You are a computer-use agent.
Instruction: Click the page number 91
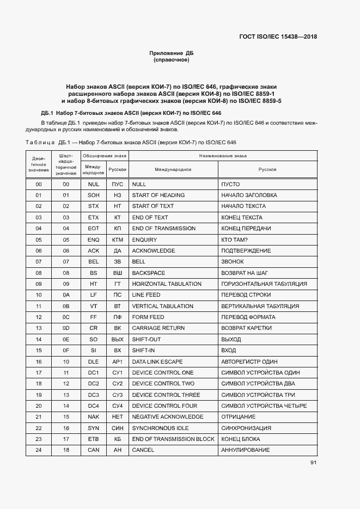(x=314, y=463)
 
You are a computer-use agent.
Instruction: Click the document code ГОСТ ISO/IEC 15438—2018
(x=278, y=37)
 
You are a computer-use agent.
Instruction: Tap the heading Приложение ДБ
(x=172, y=53)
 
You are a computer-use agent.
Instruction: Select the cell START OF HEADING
(x=158, y=195)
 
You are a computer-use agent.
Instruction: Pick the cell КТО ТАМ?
(x=234, y=240)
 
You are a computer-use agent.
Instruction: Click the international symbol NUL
(x=93, y=184)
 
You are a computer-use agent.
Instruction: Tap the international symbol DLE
(x=93, y=361)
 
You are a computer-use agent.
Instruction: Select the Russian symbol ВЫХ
(x=117, y=339)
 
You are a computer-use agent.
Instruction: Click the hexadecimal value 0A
(x=66, y=295)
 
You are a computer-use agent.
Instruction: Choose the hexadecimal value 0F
(x=66, y=351)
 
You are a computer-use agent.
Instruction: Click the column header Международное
(x=173, y=169)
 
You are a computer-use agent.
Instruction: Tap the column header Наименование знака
(x=223, y=156)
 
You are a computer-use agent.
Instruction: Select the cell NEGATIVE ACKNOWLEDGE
(x=167, y=417)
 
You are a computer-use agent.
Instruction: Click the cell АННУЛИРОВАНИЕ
(x=245, y=450)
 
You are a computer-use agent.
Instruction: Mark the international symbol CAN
(x=93, y=450)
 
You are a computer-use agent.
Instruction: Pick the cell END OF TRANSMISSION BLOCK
(x=173, y=439)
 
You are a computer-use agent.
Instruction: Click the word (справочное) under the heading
(x=172, y=60)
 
